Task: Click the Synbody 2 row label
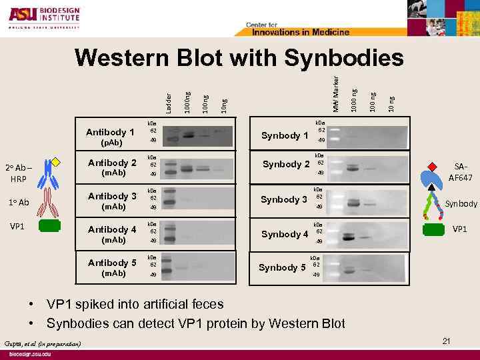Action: (x=286, y=164)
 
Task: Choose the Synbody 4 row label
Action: (x=285, y=234)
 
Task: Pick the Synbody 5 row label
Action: (x=282, y=267)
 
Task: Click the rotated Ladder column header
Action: (x=169, y=99)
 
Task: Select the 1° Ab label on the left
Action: (x=19, y=202)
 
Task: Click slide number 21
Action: (x=446, y=341)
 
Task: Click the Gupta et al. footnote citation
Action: (x=43, y=343)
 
